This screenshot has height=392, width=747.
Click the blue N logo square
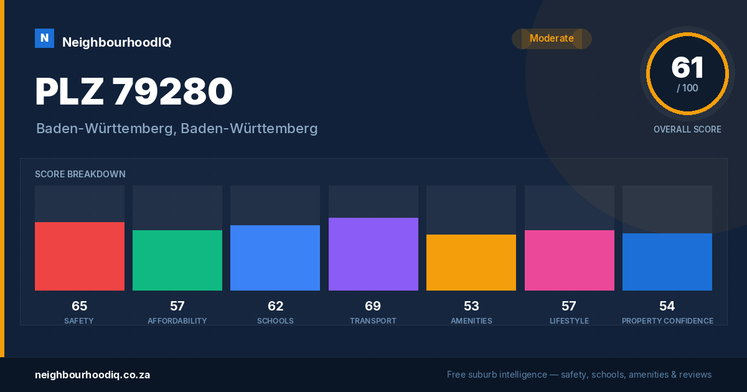coord(44,39)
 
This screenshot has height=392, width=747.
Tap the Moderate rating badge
coord(552,39)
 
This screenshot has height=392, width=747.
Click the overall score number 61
coord(687,68)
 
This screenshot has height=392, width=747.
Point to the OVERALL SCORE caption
coord(687,129)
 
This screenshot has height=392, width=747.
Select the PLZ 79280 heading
coord(134,91)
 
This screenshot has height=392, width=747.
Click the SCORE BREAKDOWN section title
coord(80,174)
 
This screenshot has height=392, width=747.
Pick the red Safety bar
coord(80,256)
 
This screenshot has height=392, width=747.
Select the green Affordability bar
coord(177,260)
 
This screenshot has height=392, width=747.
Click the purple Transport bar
coord(373,254)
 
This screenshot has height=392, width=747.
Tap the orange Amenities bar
coord(471,263)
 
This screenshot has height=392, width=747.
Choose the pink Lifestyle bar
coord(569,260)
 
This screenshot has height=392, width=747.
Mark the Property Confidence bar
coord(667,262)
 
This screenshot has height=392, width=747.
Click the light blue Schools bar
coord(275,258)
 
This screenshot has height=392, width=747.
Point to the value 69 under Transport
coord(373,306)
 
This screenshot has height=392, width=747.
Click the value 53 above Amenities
coord(471,306)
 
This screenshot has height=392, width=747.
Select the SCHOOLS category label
coord(275,321)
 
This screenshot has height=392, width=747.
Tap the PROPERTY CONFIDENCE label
coord(667,321)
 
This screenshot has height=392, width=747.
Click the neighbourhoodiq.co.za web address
coord(92,375)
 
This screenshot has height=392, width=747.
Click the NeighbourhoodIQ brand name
coord(117,42)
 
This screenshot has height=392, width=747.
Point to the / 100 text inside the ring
coord(687,88)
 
